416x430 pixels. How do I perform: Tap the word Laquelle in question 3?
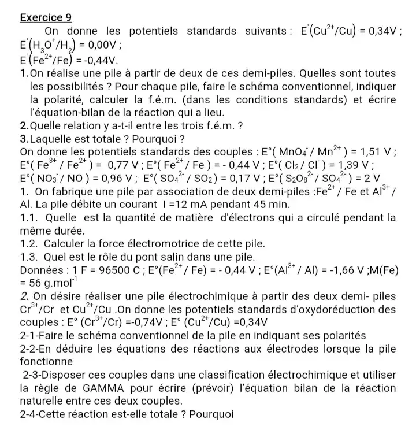(52, 139)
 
